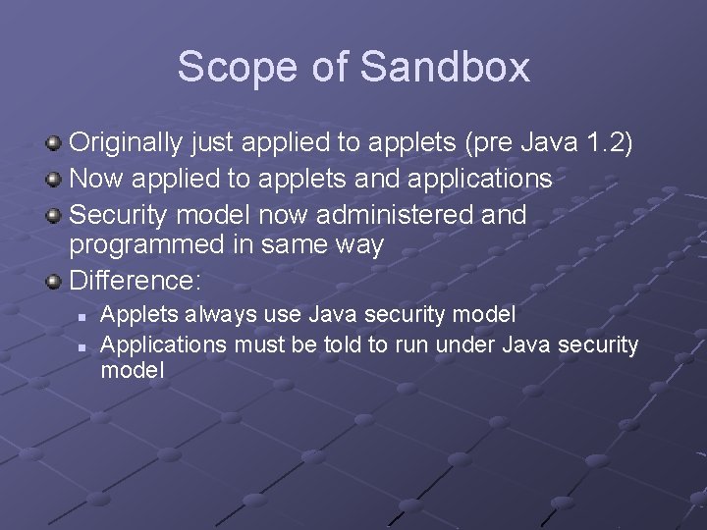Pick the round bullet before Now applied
[55, 180]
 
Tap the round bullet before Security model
[55, 215]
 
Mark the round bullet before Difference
[55, 282]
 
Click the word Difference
[135, 281]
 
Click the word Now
[97, 179]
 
